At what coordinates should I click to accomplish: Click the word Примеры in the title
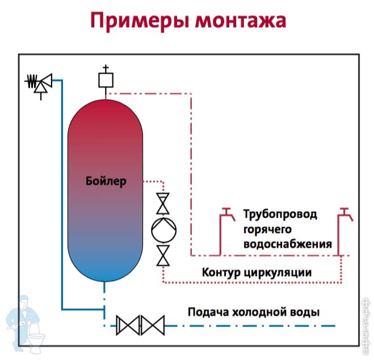[140, 22]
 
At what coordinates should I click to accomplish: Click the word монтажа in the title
[241, 21]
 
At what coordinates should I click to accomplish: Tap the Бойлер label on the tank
[106, 181]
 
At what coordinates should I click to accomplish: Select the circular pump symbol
[164, 230]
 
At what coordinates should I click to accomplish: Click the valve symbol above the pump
[163, 204]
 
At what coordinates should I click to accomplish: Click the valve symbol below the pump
[163, 256]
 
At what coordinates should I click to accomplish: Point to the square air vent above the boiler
[106, 80]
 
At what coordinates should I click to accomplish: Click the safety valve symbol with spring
[39, 84]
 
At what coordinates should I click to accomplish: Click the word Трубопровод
[280, 215]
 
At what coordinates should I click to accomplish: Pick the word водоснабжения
[288, 244]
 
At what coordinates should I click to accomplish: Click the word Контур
[221, 272]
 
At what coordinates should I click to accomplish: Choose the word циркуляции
[278, 273]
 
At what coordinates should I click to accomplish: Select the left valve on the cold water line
[128, 325]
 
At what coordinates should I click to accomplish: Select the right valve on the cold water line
[153, 325]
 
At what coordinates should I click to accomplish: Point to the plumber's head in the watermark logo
[24, 302]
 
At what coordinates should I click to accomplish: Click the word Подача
[208, 312]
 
